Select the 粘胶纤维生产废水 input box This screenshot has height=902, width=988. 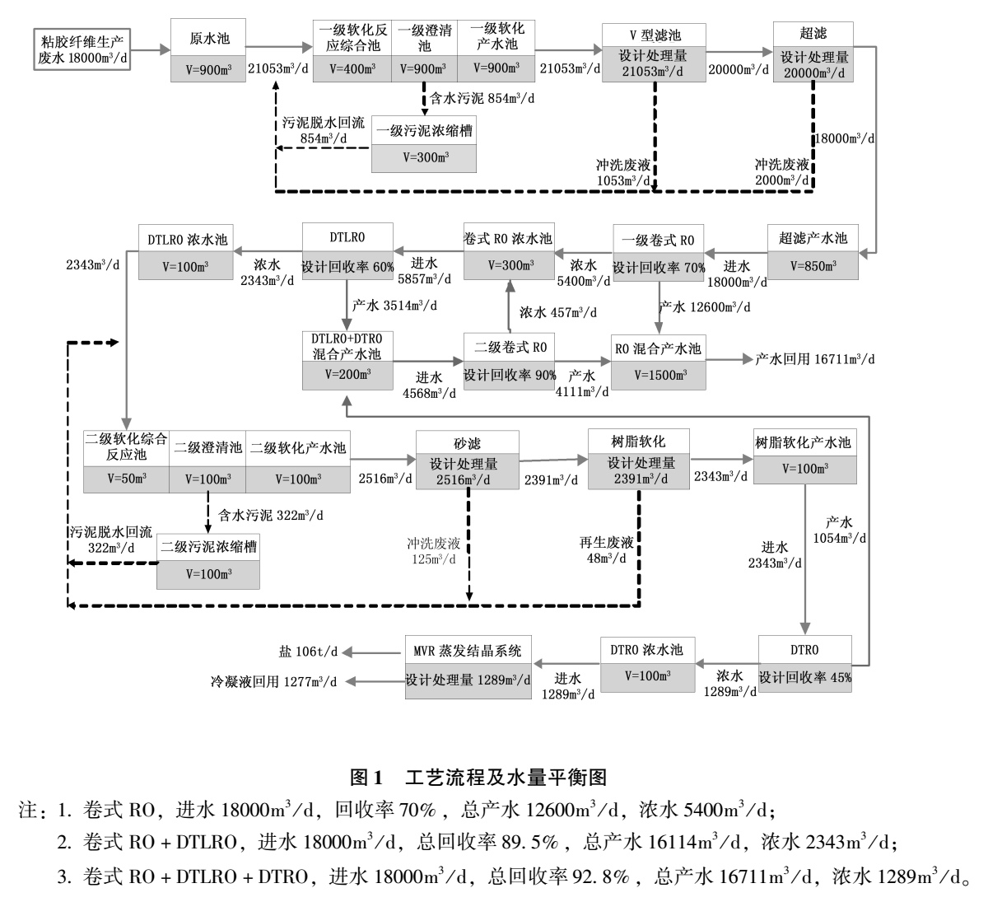82,50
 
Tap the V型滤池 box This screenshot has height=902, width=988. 655,51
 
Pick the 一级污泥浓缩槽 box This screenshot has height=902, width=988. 424,144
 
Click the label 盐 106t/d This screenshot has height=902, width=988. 309,651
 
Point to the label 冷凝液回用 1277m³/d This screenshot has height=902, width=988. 274,681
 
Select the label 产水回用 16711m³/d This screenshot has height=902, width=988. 815,359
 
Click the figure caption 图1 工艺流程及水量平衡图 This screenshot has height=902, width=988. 478,777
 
